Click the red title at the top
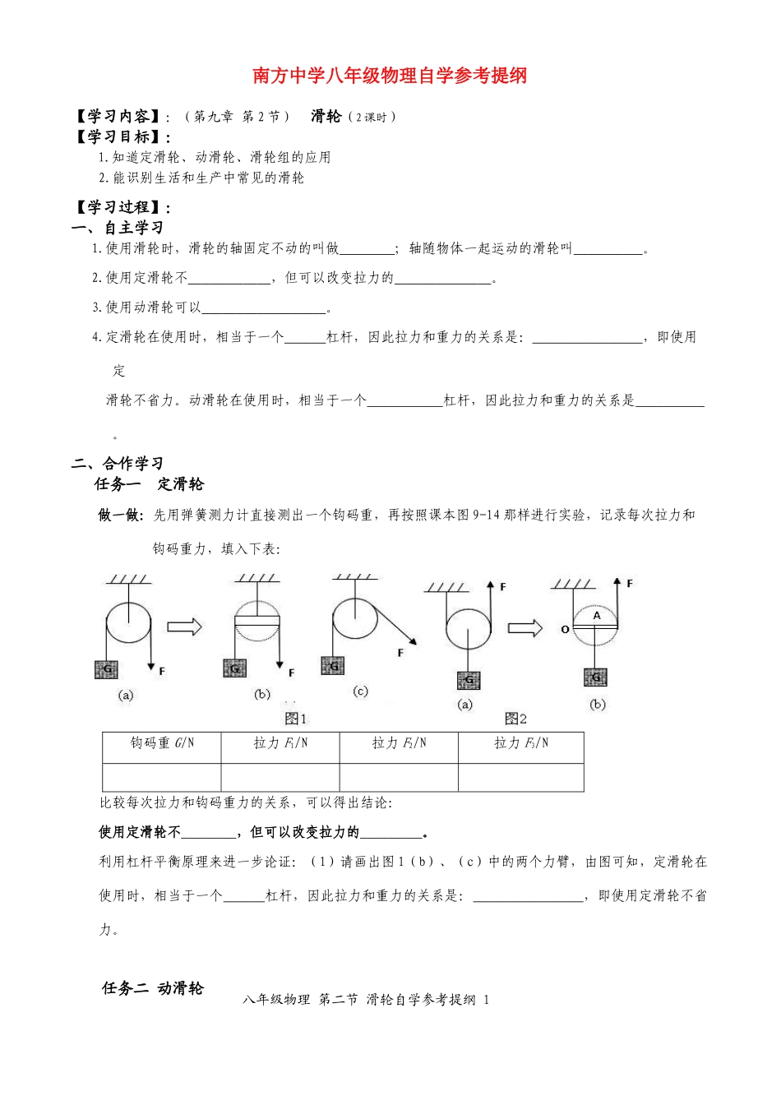point(390,76)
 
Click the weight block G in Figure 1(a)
point(106,670)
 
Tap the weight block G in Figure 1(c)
point(334,666)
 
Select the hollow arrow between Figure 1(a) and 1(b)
point(185,627)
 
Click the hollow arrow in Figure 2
point(525,629)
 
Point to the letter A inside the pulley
point(597,615)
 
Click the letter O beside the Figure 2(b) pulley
point(565,630)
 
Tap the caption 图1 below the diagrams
point(295,719)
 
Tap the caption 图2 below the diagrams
point(515,719)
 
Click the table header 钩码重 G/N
point(162,743)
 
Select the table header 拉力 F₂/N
point(399,743)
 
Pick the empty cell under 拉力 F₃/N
point(520,777)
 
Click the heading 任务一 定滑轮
point(149,484)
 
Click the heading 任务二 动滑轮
point(152,988)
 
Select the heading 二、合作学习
point(118,464)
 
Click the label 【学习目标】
point(122,137)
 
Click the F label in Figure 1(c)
point(401,653)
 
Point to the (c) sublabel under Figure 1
point(360,691)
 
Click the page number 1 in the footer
point(487,1000)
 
